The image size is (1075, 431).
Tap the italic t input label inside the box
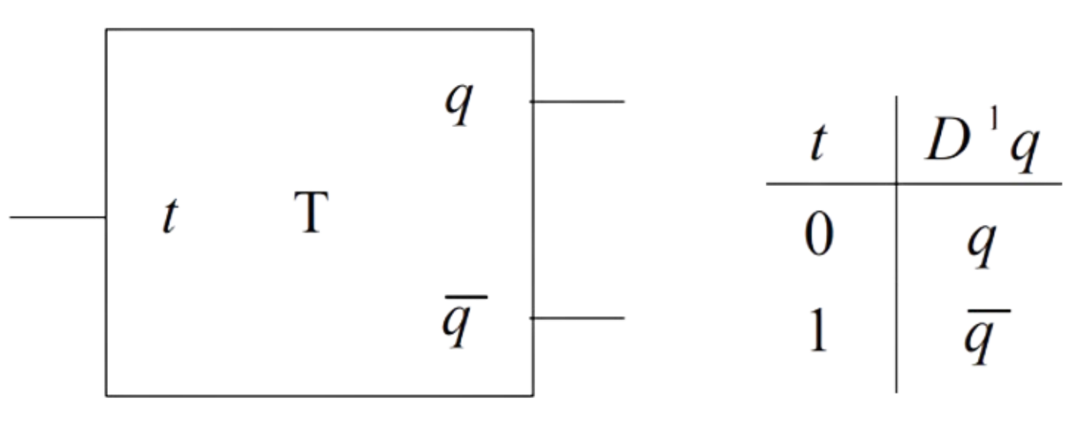pyautogui.click(x=169, y=217)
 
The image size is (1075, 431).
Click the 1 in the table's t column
pyautogui.click(x=819, y=331)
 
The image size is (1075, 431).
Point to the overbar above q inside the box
pyautogui.click(x=464, y=295)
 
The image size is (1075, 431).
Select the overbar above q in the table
pyautogui.click(x=988, y=311)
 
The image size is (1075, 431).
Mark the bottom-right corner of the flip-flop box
pyautogui.click(x=533, y=396)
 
